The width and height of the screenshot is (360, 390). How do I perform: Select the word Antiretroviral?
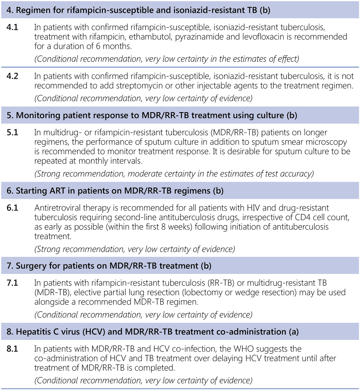coord(59,208)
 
